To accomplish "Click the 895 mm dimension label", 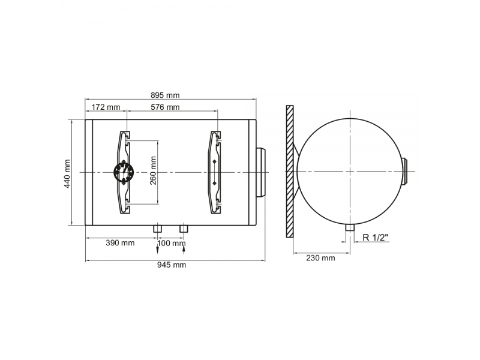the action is (x=165, y=95).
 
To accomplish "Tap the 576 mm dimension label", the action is (x=165, y=107).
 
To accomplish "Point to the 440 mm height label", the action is (x=67, y=173).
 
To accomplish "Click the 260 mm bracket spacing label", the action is (x=153, y=170).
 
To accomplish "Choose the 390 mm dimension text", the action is (x=120, y=243).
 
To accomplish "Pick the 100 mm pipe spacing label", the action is (x=172, y=243).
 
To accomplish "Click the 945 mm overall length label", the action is (x=172, y=265).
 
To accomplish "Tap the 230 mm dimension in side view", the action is (x=320, y=258).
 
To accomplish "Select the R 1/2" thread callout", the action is (x=376, y=237).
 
